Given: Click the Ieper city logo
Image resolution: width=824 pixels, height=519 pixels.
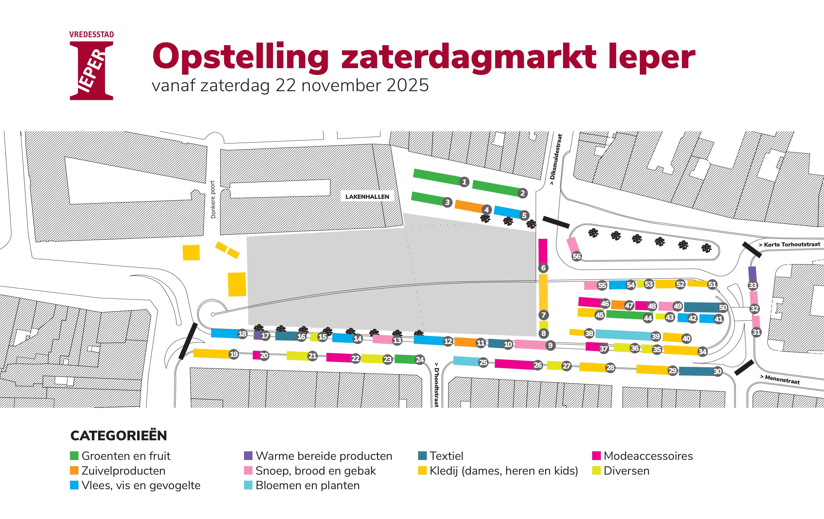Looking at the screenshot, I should click(x=91, y=66).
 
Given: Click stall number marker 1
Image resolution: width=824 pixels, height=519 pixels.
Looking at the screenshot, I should click(x=464, y=182).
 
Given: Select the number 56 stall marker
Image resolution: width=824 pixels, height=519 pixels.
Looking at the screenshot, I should click(x=577, y=256).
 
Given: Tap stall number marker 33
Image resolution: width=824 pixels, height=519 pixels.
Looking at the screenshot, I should click(x=753, y=285).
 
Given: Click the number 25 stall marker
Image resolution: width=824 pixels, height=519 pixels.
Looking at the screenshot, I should click(x=483, y=363).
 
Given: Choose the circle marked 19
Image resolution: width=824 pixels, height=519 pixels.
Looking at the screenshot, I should click(x=234, y=354).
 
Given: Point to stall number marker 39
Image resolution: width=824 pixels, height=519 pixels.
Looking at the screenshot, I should click(x=656, y=336).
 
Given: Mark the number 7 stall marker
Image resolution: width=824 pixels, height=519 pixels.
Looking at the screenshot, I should click(x=543, y=315).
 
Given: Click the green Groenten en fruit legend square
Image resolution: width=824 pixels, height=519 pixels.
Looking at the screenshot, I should click(x=74, y=456).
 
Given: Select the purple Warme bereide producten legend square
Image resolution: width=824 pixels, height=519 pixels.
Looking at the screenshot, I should click(x=248, y=456).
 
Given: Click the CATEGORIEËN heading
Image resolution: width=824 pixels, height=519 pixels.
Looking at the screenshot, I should click(x=119, y=435).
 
